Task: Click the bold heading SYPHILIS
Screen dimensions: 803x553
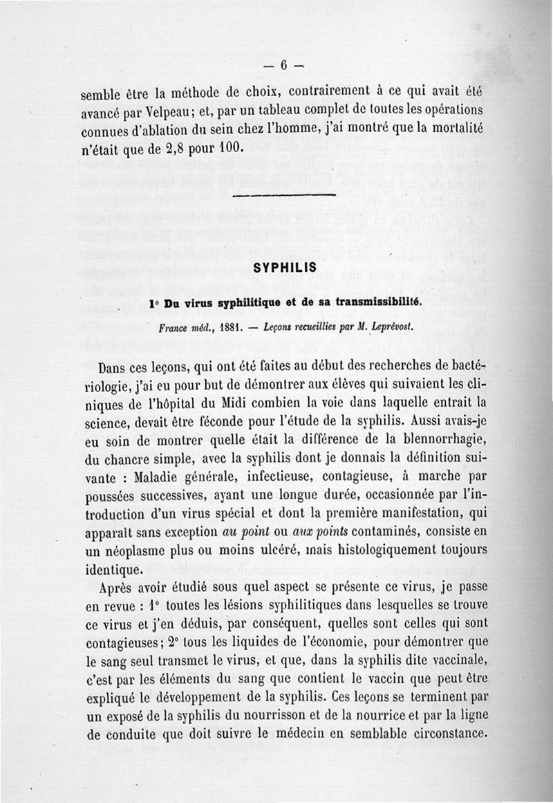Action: (x=285, y=266)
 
